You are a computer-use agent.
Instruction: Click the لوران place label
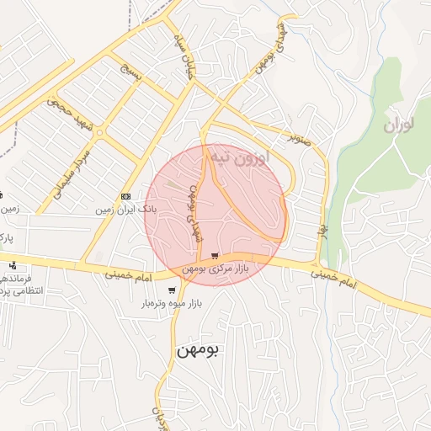click(x=399, y=126)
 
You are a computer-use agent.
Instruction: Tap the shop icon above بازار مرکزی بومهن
click(x=216, y=256)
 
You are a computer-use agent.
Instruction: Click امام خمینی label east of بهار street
click(x=344, y=281)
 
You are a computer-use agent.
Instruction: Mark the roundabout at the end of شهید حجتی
click(x=100, y=132)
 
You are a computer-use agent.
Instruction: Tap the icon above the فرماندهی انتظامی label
click(x=12, y=266)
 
